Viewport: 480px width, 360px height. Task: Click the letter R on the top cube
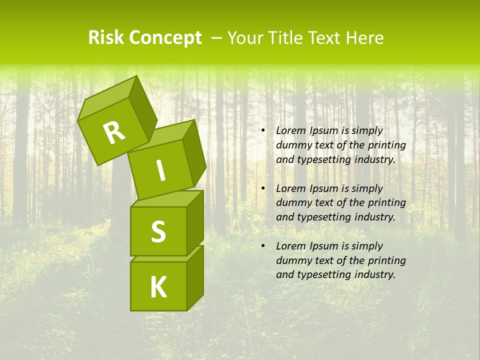[x=114, y=133]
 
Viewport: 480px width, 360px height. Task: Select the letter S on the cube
[x=158, y=231]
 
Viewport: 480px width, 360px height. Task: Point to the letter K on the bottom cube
[x=158, y=287]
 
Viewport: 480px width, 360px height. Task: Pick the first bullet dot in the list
[x=263, y=131]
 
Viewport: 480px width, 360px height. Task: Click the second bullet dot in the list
[x=263, y=189]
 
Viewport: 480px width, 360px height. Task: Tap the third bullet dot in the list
[x=263, y=246]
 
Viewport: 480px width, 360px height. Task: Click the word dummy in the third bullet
[x=291, y=260]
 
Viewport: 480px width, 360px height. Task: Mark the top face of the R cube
[x=107, y=98]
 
